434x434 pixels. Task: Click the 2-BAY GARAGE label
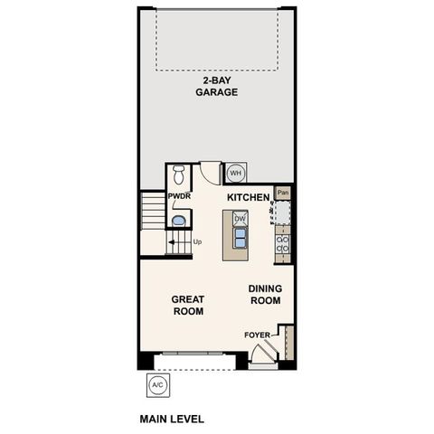[218, 86]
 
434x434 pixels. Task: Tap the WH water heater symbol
[235, 173]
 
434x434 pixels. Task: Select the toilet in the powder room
[178, 174]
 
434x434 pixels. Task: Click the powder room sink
[178, 220]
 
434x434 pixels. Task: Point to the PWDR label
[177, 196]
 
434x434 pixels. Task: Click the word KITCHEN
[248, 196]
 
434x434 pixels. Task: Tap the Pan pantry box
[283, 192]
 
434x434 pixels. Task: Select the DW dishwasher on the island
[240, 218]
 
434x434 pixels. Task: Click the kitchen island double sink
[241, 238]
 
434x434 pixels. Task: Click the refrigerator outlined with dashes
[283, 212]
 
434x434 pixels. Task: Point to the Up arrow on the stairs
[172, 242]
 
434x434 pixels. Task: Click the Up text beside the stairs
[197, 242]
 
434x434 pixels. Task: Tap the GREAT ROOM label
[188, 305]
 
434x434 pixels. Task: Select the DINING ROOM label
[266, 295]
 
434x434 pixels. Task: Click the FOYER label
[257, 335]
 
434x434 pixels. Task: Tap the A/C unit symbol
[157, 384]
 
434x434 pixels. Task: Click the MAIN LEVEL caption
[172, 419]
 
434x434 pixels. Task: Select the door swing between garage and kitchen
[210, 171]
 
